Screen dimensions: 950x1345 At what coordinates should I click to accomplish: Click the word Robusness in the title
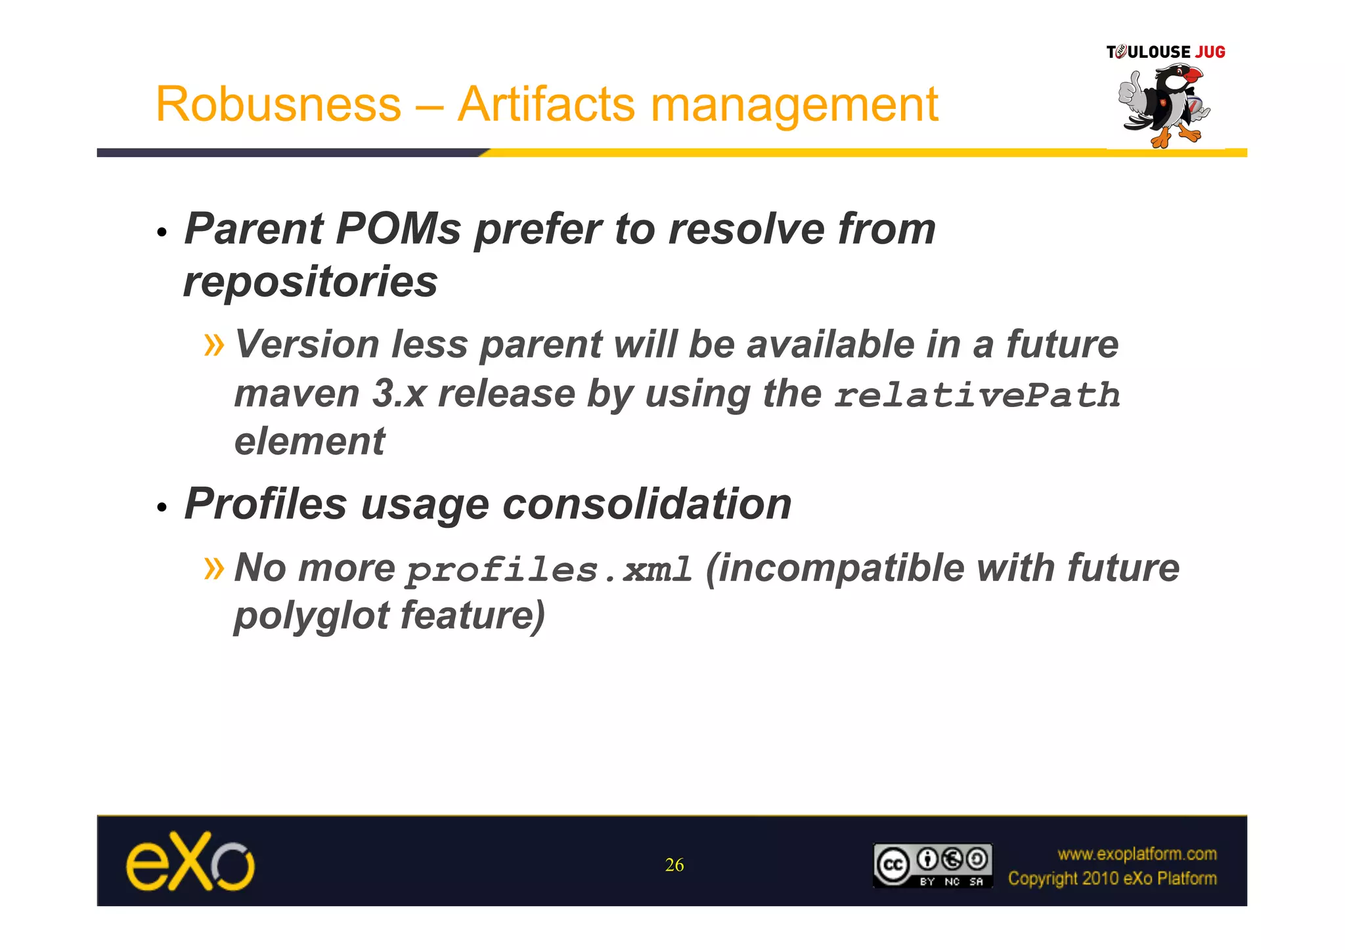(x=278, y=104)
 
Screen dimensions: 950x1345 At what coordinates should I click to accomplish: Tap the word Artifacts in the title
(x=546, y=104)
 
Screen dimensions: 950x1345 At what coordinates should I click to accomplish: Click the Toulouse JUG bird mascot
(x=1164, y=105)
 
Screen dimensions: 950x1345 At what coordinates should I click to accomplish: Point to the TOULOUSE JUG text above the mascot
(x=1166, y=52)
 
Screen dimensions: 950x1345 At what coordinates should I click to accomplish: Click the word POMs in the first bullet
(x=399, y=229)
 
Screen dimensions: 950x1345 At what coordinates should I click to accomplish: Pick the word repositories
(x=310, y=282)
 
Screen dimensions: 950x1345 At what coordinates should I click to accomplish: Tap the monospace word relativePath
(x=977, y=395)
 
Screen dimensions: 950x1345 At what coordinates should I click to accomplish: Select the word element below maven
(x=309, y=441)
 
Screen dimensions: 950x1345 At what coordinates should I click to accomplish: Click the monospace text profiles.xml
(x=549, y=569)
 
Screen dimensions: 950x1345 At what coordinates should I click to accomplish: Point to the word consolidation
(x=647, y=504)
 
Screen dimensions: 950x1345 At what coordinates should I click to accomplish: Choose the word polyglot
(x=312, y=616)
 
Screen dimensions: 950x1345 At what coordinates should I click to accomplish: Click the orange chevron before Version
(x=214, y=344)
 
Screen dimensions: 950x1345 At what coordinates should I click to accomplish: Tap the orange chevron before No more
(x=214, y=567)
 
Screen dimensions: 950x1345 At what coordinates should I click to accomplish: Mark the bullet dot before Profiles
(x=162, y=507)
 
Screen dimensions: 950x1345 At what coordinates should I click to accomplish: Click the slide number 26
(x=674, y=865)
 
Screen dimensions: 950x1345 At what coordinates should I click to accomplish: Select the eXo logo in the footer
(x=190, y=861)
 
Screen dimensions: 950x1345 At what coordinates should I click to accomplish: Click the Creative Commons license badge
(x=932, y=865)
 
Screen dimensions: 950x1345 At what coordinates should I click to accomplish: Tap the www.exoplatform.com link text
(x=1137, y=853)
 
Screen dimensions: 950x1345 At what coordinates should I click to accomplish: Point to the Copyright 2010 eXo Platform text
(x=1112, y=878)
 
